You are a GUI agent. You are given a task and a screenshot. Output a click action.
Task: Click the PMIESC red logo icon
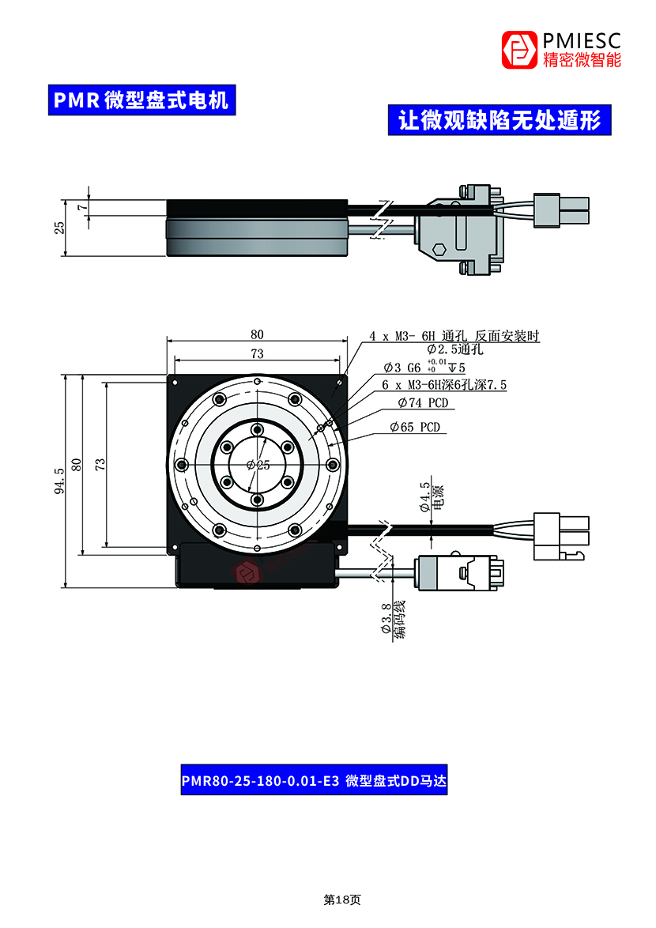[x=519, y=50]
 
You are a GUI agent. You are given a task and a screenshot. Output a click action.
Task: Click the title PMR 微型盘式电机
[x=142, y=100]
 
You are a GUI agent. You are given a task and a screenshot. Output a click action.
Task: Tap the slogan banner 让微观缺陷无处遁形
[x=500, y=120]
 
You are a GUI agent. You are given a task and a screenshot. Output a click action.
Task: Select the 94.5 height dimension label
[x=59, y=481]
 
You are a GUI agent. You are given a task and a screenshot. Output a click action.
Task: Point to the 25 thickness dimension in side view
[x=59, y=228]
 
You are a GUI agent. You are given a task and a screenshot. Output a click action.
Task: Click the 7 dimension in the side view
[x=83, y=206]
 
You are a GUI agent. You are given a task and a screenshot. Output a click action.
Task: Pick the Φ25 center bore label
[x=258, y=465]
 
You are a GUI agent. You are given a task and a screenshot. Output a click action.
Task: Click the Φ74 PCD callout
[x=424, y=403]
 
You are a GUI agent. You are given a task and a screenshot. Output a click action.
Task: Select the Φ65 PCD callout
[x=415, y=428]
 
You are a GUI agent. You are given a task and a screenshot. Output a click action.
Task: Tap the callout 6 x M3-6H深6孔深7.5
[x=444, y=385]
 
